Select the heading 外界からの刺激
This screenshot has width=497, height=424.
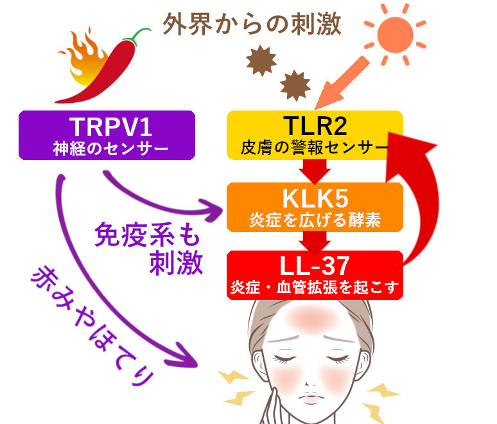click(252, 25)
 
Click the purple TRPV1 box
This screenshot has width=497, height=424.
click(107, 135)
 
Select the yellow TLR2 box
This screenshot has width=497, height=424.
click(315, 134)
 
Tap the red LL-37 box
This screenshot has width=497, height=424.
click(315, 275)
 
